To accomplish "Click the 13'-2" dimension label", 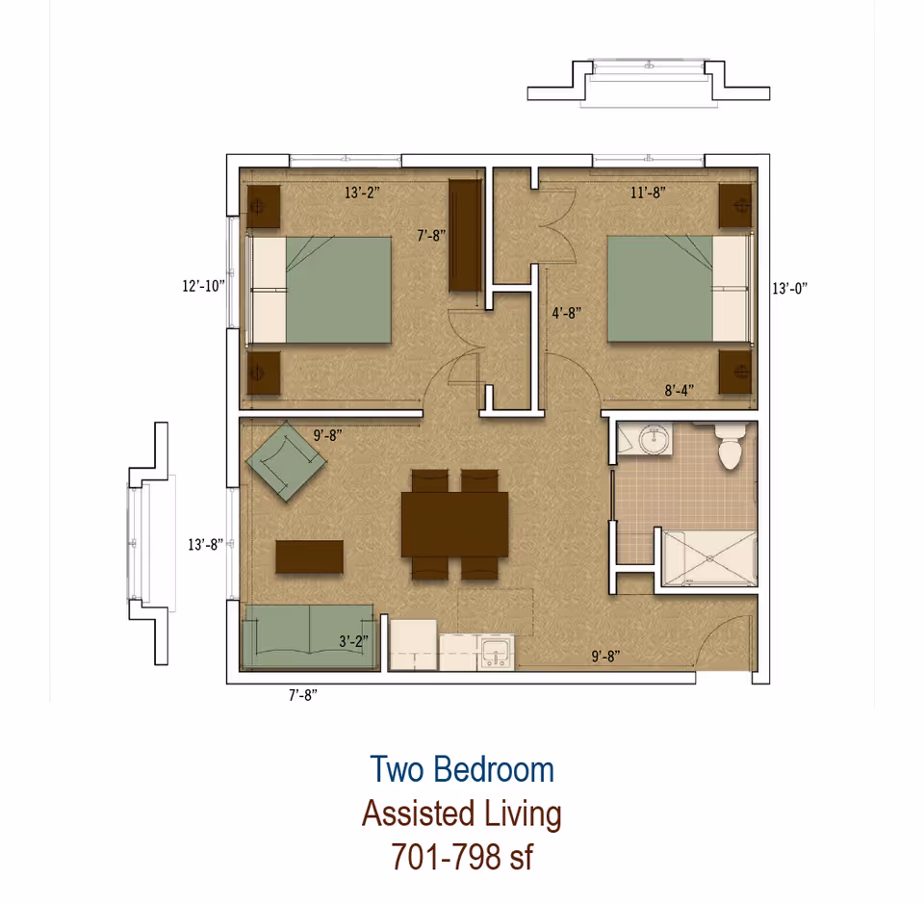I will coord(363,192).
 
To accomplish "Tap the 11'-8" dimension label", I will coord(648,193).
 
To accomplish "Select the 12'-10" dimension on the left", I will coord(203,285).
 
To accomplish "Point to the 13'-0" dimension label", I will coord(789,287).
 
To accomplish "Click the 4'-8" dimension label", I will coord(566,313).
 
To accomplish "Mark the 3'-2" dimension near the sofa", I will coord(354,639).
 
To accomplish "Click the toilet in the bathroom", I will coord(731,447).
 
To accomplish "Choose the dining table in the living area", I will coord(454,525).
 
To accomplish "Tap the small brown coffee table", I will coord(309,557).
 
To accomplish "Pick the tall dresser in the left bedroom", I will coord(465,236).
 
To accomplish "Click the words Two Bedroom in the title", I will coord(462,770).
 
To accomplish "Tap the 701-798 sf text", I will coord(462,856).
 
